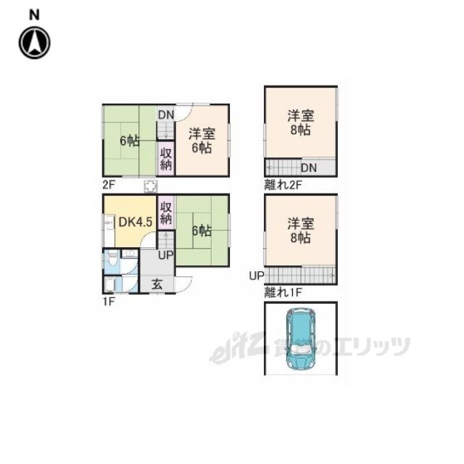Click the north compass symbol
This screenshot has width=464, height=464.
35,43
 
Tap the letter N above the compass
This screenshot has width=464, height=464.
34,14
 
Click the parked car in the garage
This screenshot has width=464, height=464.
301,339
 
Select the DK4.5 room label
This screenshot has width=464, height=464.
136,222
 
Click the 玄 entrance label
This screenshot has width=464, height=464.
157,284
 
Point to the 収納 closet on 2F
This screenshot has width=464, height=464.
166,159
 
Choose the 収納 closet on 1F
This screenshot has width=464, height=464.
166,213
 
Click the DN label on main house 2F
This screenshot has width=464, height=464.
166,115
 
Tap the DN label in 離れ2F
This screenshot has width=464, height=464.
309,167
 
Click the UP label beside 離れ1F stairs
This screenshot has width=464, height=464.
257,275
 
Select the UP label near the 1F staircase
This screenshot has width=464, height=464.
166,254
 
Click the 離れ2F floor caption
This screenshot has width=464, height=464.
283,185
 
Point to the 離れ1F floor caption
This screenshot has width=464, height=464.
283,292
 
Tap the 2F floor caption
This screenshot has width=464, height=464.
109,185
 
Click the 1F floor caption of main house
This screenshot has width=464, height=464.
109,302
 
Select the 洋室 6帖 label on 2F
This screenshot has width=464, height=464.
202,141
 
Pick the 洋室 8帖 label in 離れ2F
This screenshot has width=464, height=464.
301,123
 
